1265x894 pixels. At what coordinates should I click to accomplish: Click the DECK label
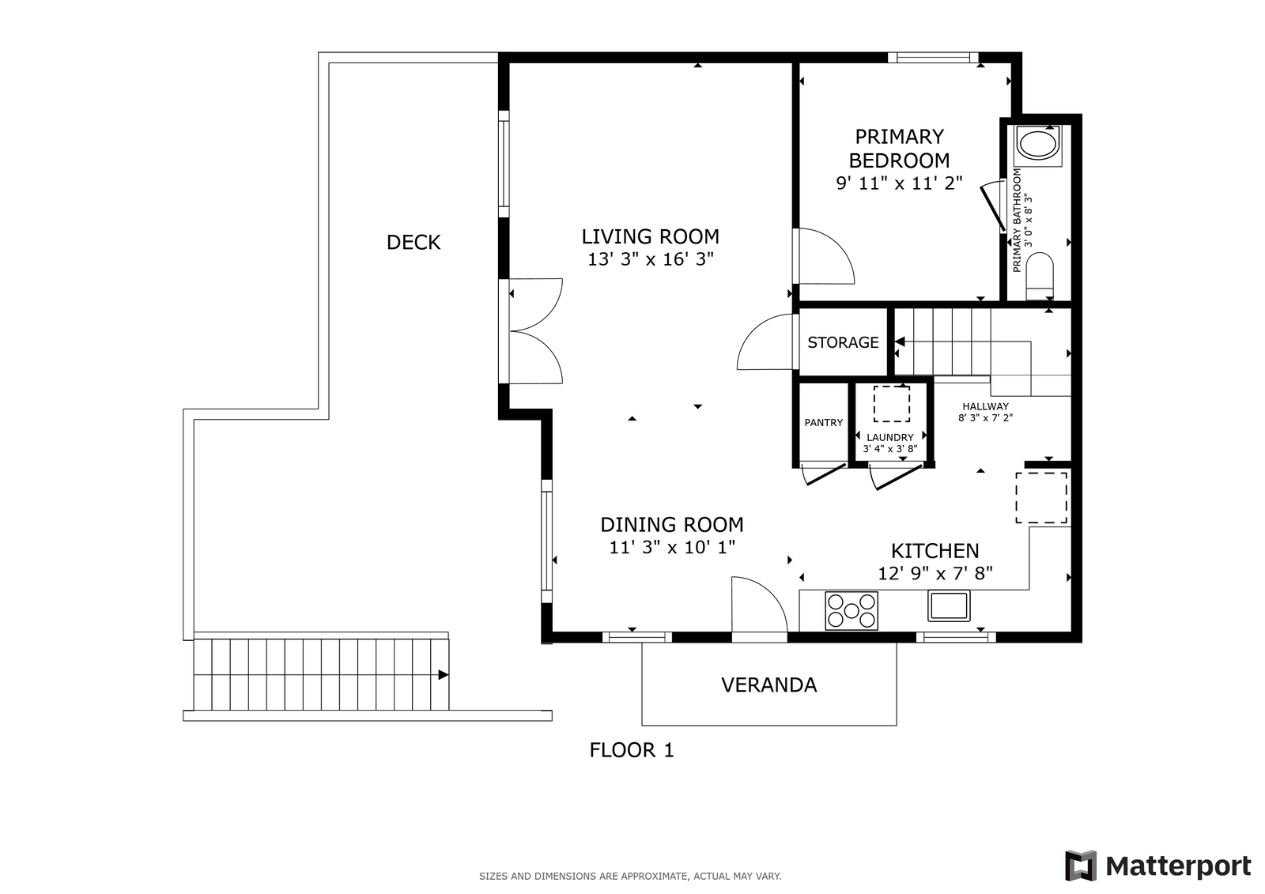[413, 243]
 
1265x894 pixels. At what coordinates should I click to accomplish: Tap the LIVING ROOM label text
[650, 236]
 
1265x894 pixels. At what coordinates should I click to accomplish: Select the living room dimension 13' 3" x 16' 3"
[651, 259]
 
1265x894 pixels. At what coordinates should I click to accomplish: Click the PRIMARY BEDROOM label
[899, 149]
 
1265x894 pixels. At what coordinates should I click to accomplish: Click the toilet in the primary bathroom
[1040, 276]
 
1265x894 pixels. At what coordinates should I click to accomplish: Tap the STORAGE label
[843, 342]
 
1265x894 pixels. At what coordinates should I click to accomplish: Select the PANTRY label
[823, 422]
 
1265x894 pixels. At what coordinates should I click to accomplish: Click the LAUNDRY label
[889, 437]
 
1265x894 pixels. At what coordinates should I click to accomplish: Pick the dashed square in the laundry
[892, 404]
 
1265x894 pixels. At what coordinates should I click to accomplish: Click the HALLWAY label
[985, 406]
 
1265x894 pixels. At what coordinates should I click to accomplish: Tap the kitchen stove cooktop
[851, 610]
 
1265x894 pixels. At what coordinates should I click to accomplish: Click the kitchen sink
[949, 606]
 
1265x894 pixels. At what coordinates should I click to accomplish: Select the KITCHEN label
[935, 551]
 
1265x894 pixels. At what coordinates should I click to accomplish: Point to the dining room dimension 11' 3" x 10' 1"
[672, 547]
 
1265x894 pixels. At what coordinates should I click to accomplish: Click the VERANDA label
[769, 685]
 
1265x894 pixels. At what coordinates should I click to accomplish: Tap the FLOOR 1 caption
[632, 750]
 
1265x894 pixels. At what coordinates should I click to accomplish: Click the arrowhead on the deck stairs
[444, 675]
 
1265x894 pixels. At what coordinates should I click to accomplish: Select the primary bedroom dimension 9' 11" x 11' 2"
[899, 183]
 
